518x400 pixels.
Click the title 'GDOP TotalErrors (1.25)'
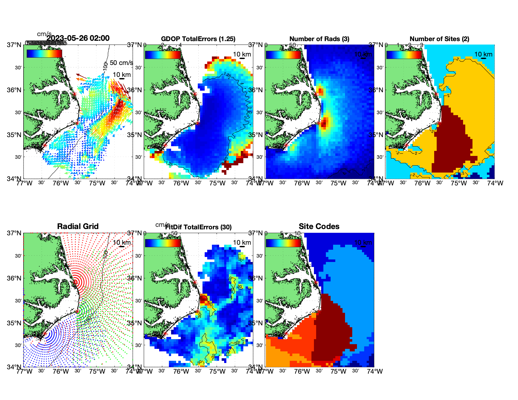point(198,39)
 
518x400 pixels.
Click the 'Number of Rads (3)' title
point(319,39)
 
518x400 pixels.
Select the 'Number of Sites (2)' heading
point(439,39)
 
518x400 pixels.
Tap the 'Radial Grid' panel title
point(78,227)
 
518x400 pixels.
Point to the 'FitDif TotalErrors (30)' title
point(198,227)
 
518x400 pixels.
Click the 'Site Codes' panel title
point(319,227)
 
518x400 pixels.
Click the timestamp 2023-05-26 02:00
point(78,38)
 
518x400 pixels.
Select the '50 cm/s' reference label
point(121,63)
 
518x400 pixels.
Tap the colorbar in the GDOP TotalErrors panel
point(163,54)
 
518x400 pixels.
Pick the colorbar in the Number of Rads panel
point(283,54)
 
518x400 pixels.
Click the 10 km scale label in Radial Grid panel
point(121,243)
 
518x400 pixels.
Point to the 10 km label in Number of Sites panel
point(483,54)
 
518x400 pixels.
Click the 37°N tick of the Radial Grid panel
point(14,233)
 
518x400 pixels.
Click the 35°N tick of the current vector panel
point(14,135)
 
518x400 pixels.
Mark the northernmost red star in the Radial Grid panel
point(75,282)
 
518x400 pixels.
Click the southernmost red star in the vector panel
point(45,145)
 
